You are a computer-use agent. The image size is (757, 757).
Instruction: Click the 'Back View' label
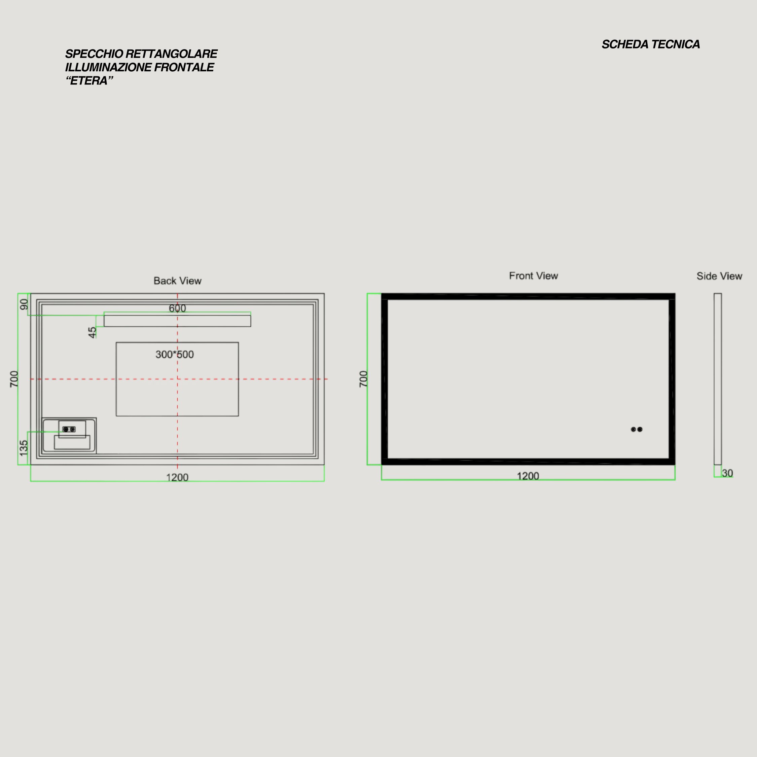pos(178,281)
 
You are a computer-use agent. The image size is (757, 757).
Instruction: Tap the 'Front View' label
pos(533,276)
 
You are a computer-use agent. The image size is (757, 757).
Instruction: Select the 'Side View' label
pos(719,276)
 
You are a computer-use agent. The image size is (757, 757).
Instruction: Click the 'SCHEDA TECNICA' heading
pos(651,44)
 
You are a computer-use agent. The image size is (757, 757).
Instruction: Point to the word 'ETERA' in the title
pos(89,81)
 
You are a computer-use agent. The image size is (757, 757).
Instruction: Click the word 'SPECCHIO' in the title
pos(94,54)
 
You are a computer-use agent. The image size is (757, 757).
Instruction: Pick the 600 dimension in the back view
pos(178,309)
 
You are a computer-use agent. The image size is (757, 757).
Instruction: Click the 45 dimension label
pos(92,333)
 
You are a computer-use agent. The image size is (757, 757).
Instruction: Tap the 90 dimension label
pos(24,304)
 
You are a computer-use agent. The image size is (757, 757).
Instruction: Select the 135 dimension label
pos(24,448)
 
